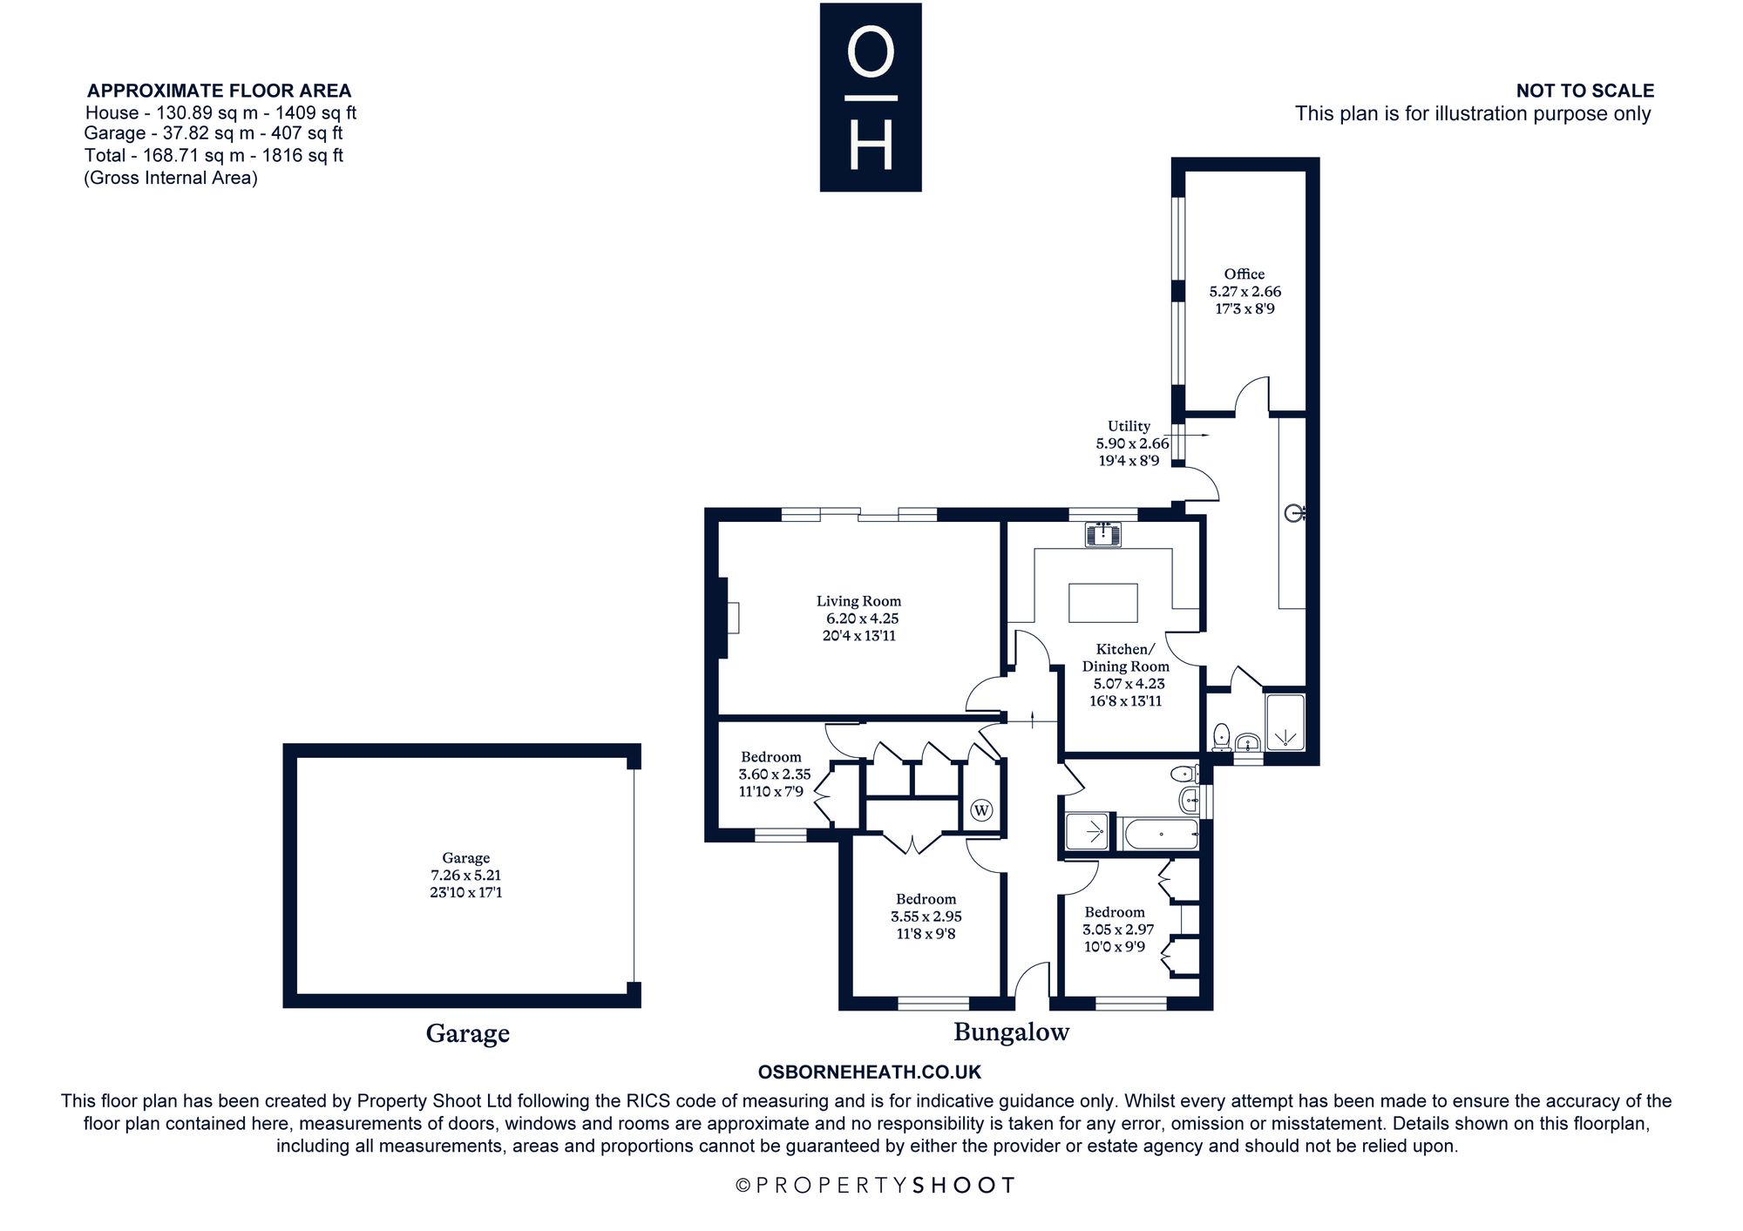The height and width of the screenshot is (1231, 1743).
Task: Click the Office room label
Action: tap(1245, 274)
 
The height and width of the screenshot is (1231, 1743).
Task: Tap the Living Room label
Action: tap(858, 601)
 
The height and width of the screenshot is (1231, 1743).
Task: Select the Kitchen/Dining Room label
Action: tap(1126, 658)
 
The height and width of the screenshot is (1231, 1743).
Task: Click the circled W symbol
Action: tap(981, 811)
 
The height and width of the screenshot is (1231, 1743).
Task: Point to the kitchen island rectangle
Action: tap(1103, 603)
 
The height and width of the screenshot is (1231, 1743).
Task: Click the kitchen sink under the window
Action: tap(1103, 533)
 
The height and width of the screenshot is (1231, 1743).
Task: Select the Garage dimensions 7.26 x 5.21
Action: tap(465, 876)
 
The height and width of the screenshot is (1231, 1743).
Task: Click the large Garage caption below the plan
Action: tap(468, 1033)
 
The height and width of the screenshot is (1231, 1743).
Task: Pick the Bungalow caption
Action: tap(1011, 1032)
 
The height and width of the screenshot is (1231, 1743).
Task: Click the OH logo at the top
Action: tap(871, 98)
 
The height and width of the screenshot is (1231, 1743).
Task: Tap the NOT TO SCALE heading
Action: tap(1585, 91)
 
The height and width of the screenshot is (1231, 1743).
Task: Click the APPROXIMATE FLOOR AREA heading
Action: tap(220, 91)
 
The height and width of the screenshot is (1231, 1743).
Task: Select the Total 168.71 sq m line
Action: tap(214, 155)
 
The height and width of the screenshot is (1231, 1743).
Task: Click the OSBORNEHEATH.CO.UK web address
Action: tap(870, 1072)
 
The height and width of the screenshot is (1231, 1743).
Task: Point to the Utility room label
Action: tap(1129, 426)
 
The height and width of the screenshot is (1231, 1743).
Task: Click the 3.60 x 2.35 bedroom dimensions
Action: tap(775, 774)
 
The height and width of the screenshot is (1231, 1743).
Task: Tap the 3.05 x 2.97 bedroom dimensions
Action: tap(1119, 930)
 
